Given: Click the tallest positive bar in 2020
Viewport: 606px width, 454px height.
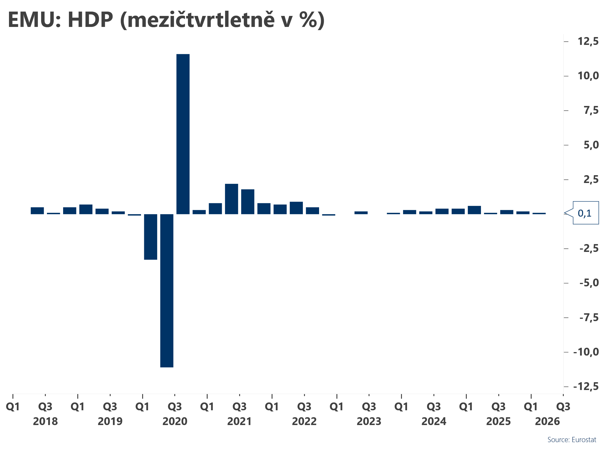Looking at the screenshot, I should click(183, 134).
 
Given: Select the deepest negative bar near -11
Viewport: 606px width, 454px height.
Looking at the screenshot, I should click(167, 290).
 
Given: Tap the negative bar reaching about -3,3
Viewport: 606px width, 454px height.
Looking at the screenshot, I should click(151, 237).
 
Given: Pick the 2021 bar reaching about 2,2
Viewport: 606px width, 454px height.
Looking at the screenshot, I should click(231, 199).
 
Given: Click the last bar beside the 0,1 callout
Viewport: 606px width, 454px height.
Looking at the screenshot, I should click(539, 213).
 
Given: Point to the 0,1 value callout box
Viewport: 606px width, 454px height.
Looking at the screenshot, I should click(585, 213).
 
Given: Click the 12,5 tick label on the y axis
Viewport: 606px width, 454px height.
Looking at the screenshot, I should click(588, 41).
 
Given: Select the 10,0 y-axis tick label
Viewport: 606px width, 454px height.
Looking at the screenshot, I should click(588, 76).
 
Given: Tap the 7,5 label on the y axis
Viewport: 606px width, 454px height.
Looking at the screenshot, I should click(591, 110).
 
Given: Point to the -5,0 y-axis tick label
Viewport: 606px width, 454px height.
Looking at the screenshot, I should click(589, 283).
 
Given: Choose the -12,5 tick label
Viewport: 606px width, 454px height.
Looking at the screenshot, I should click(586, 386).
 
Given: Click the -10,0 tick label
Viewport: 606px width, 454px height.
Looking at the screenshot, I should click(586, 352).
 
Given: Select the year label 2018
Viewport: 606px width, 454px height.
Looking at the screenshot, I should click(45, 421).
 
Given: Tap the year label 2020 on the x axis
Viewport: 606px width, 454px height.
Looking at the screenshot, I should click(175, 421).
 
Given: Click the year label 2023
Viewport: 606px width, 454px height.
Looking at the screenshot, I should click(369, 421).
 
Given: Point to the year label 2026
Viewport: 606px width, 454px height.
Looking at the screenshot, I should click(547, 421).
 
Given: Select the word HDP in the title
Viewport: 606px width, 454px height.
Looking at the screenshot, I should click(90, 20).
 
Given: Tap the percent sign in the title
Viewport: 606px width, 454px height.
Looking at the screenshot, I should click(309, 20).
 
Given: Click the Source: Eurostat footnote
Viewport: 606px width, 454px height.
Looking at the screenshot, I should click(572, 440).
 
